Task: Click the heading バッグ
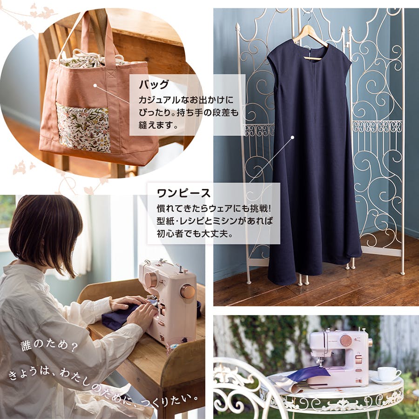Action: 154,84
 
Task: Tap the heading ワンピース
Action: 183,193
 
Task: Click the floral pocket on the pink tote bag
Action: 83,128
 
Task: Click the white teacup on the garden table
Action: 388,373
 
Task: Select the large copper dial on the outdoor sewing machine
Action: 346,341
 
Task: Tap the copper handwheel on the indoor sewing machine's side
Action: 188,291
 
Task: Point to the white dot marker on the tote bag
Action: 95,86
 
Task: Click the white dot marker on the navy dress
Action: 293,137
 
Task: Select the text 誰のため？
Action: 49,346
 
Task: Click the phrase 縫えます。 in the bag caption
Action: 158,125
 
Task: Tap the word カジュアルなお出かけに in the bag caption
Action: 186,100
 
